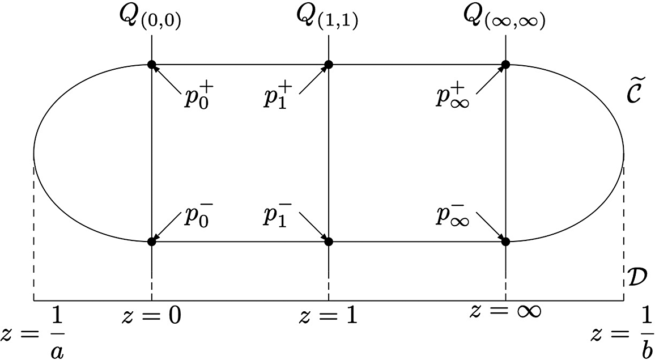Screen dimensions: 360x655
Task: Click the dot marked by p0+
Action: pos(151,65)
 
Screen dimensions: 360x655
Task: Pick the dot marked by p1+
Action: pos(329,65)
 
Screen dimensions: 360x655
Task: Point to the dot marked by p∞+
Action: pos(505,65)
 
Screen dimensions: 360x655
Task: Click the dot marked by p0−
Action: pos(151,242)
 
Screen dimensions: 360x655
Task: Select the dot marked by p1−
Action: pos(329,242)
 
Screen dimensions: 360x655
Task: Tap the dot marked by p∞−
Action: pos(505,242)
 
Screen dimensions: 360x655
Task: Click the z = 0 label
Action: pos(151,316)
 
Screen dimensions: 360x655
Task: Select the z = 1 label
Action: pos(329,316)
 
